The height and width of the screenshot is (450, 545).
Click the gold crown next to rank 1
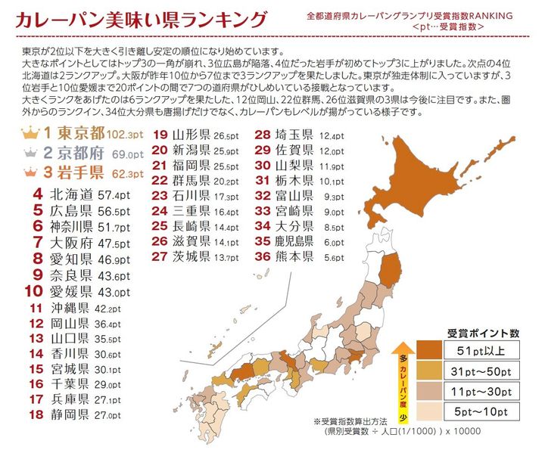30,133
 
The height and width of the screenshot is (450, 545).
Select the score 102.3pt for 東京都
124,135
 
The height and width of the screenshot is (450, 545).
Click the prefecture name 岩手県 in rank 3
84,172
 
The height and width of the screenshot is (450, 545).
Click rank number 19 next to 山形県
160,135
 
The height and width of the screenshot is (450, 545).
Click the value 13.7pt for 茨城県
226,258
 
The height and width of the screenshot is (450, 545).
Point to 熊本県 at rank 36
297,257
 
